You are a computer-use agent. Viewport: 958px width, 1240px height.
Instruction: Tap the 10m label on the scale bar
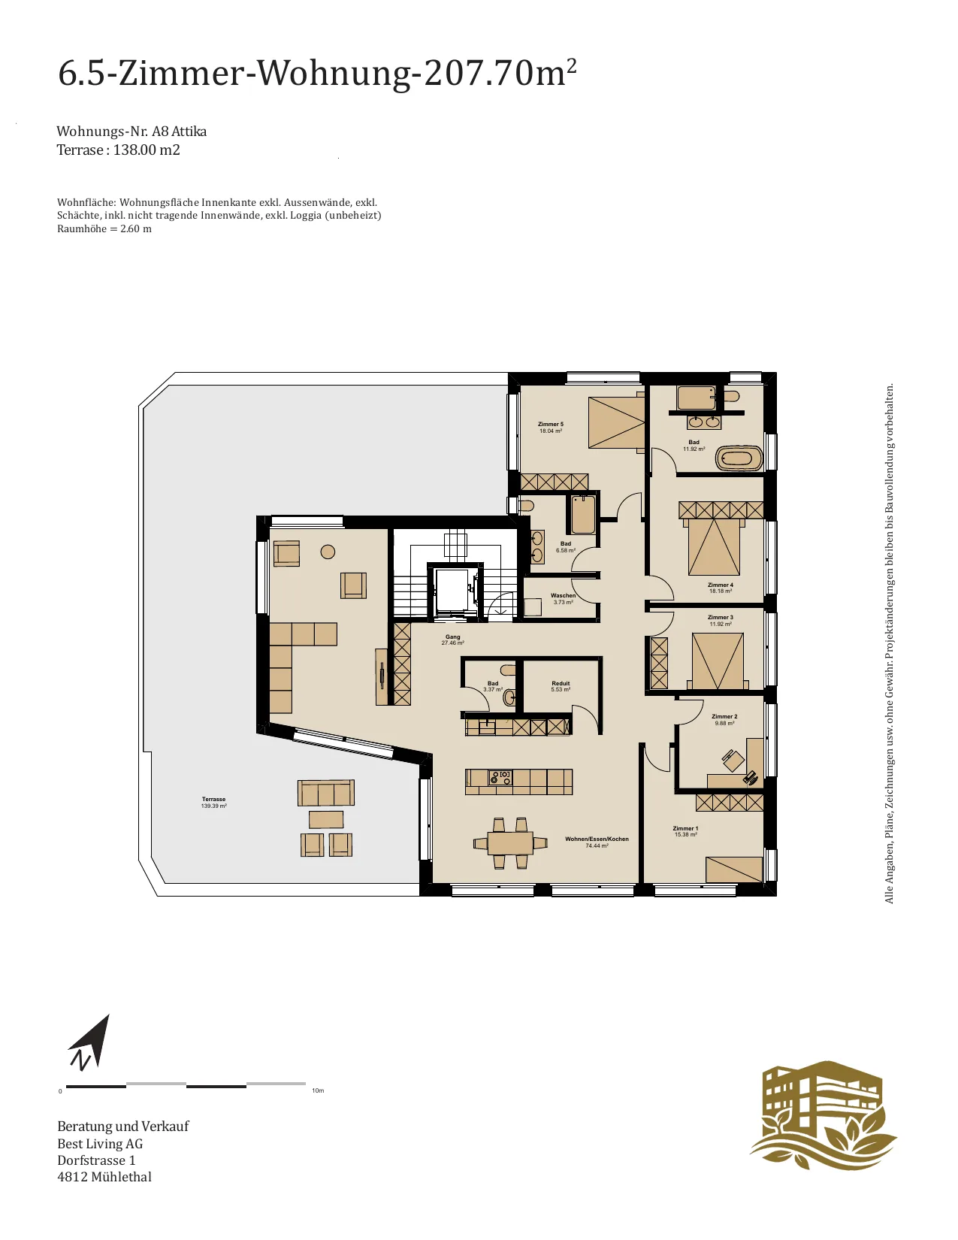(318, 1090)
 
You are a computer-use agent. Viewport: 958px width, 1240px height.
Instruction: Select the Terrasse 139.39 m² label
(214, 803)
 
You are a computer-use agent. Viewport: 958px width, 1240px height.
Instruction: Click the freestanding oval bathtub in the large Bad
(739, 458)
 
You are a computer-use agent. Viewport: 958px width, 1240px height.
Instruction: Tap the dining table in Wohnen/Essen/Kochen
(510, 842)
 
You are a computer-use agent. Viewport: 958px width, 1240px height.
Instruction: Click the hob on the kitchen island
(500, 776)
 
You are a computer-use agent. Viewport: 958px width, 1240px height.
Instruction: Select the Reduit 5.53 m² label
(561, 686)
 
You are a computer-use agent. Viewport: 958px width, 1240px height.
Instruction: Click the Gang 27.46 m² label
(452, 640)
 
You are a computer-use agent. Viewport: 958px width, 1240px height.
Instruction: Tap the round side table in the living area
(328, 552)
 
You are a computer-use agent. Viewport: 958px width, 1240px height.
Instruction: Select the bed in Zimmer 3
(718, 661)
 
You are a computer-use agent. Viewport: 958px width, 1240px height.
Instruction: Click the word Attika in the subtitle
(189, 132)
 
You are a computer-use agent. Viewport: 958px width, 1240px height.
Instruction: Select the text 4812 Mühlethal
(104, 1176)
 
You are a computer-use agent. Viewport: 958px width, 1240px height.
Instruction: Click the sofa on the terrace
(326, 793)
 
